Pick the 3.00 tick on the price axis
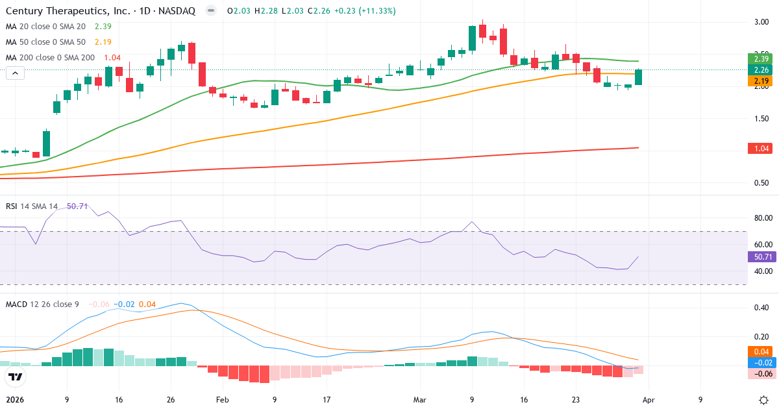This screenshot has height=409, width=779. coord(761,22)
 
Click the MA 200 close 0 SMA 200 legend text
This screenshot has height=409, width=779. coord(50,57)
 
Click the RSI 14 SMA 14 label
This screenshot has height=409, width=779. coord(32,206)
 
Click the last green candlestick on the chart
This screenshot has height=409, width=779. coord(639,77)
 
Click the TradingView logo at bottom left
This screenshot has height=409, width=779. coord(16,377)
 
